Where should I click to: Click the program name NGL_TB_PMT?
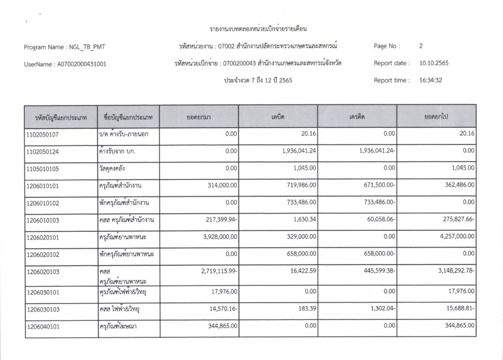click(64, 47)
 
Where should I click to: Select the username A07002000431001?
click(65, 64)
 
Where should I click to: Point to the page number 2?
click(421, 46)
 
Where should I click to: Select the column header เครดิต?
click(357, 117)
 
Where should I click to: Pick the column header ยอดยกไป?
click(436, 117)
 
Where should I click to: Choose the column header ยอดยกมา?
click(198, 117)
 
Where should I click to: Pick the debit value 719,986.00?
click(297, 186)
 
